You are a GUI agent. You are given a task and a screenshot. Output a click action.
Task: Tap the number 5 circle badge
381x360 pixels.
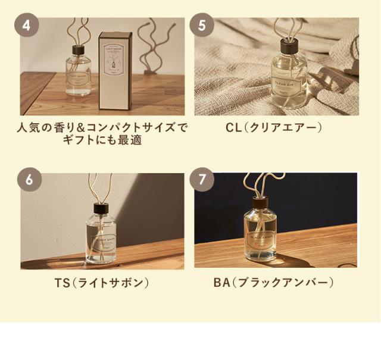pyautogui.click(x=202, y=25)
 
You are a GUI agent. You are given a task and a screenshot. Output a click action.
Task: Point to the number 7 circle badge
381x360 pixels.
pyautogui.click(x=202, y=179)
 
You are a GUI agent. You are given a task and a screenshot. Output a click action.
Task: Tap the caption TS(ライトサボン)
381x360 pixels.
pyautogui.click(x=102, y=282)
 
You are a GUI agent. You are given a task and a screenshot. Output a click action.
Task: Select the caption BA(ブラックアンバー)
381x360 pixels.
pyautogui.click(x=273, y=282)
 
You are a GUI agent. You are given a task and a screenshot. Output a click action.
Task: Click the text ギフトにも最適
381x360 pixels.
pyautogui.click(x=102, y=142)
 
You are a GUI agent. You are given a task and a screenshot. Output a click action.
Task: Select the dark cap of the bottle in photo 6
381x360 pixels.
pyautogui.click(x=99, y=209)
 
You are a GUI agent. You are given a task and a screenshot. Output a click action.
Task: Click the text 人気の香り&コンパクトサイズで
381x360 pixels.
pyautogui.click(x=102, y=127)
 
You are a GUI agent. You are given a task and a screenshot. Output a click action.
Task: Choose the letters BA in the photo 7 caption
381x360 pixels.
pyautogui.click(x=221, y=282)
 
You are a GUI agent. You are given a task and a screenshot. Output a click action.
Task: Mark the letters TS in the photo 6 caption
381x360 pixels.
pyautogui.click(x=62, y=282)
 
